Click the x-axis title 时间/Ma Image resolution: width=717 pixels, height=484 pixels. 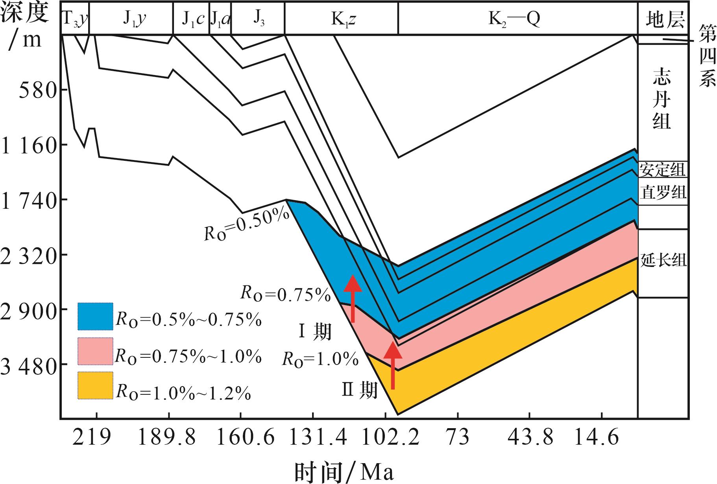tap(344, 471)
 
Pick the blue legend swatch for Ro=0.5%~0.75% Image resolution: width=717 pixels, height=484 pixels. tap(95, 316)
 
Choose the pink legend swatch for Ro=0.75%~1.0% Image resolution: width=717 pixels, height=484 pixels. tap(95, 351)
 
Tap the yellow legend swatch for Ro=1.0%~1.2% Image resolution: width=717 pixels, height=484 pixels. tap(95, 385)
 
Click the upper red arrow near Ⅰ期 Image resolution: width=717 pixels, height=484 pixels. tap(353, 298)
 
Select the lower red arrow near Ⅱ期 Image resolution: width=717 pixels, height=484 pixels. tap(393, 365)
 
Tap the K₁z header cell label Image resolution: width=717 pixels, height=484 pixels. tap(343, 18)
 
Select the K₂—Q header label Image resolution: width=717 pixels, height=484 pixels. tap(514, 18)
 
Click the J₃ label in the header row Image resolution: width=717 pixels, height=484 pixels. tap(258, 18)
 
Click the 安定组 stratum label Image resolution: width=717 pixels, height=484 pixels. tap(662, 170)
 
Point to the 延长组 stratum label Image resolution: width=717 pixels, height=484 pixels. tap(663, 260)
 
